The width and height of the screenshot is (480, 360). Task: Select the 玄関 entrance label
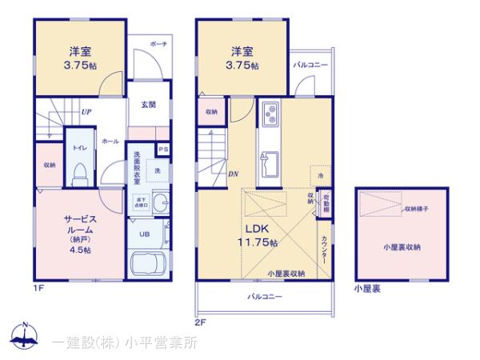pyautogui.click(x=149, y=104)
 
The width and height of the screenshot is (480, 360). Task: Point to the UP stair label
pyautogui.click(x=84, y=112)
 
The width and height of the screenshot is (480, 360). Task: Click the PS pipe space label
pyautogui.click(x=163, y=150)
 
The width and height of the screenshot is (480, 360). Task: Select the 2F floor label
pyautogui.click(x=200, y=322)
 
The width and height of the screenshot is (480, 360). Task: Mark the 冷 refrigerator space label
pyautogui.click(x=321, y=175)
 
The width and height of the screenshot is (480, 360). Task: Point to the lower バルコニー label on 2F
pyautogui.click(x=264, y=296)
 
